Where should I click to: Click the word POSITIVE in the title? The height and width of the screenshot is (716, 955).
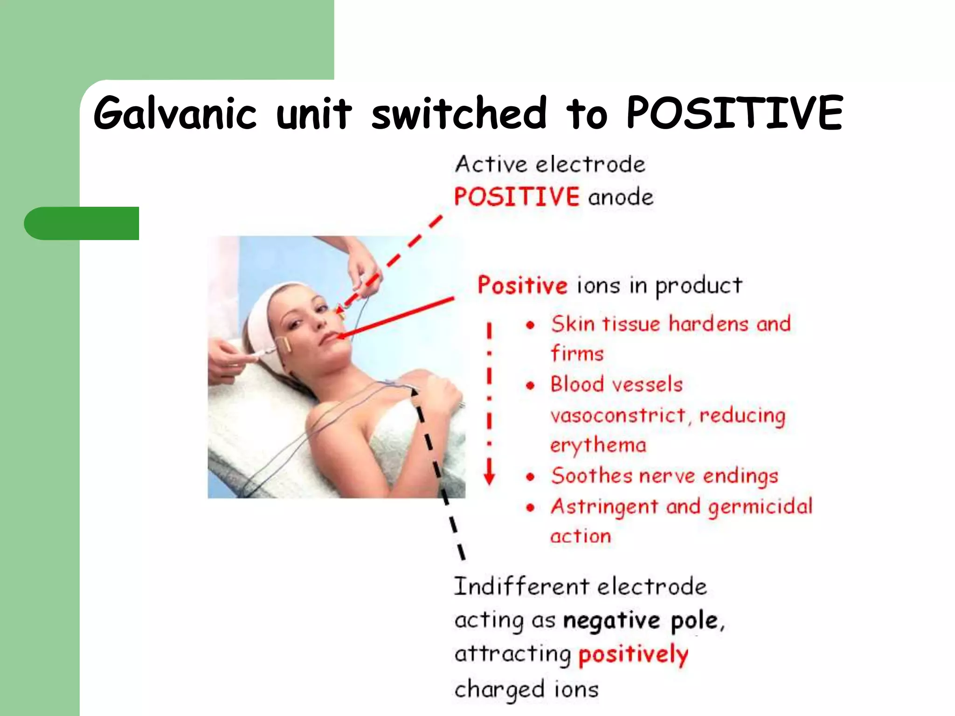click(734, 113)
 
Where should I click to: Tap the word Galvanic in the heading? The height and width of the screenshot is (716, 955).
click(175, 114)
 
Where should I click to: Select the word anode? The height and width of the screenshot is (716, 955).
click(621, 197)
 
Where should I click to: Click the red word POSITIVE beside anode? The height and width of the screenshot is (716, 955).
click(517, 196)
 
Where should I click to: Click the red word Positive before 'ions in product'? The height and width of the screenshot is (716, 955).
click(522, 285)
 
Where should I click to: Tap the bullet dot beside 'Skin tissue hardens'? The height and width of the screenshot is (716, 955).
click(530, 325)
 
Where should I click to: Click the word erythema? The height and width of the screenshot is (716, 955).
click(598, 446)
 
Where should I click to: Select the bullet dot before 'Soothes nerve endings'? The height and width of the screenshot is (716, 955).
click(530, 477)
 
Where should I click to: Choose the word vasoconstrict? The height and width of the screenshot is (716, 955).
click(618, 415)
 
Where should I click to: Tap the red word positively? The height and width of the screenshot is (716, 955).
click(633, 654)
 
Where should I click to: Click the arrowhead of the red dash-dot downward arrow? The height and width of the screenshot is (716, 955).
click(489, 477)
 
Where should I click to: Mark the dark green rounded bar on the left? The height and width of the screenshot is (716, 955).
click(82, 223)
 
